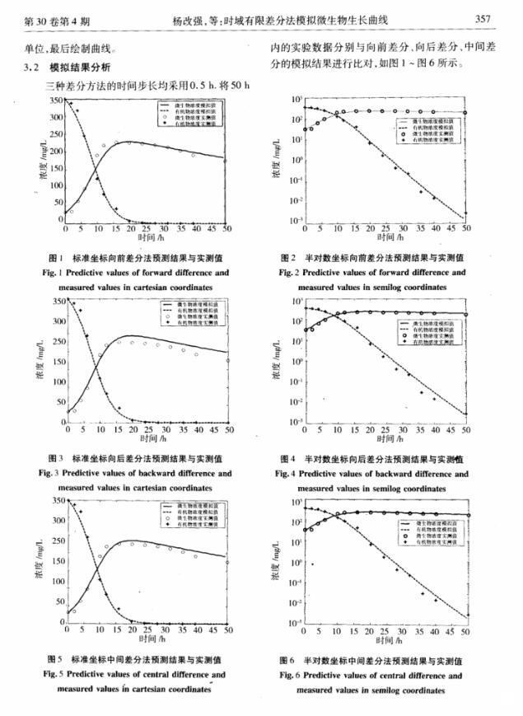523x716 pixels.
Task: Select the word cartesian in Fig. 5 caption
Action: click(141, 688)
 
